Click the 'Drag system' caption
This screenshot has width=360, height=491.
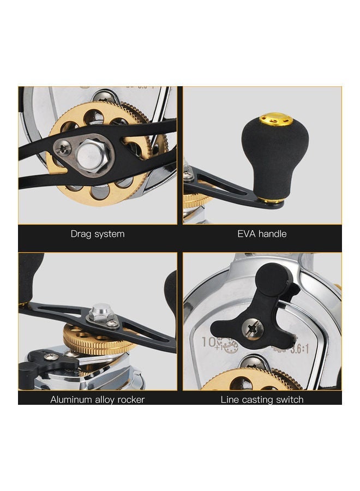click(x=98, y=233)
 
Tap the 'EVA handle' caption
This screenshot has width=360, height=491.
click(x=262, y=233)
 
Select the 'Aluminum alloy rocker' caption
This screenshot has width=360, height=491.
click(x=98, y=399)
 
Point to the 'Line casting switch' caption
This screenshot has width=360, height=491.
click(x=262, y=399)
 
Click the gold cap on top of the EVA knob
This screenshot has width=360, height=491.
click(x=268, y=118)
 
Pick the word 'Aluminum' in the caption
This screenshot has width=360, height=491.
click(x=70, y=399)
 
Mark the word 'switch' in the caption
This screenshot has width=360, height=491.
click(x=289, y=399)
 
